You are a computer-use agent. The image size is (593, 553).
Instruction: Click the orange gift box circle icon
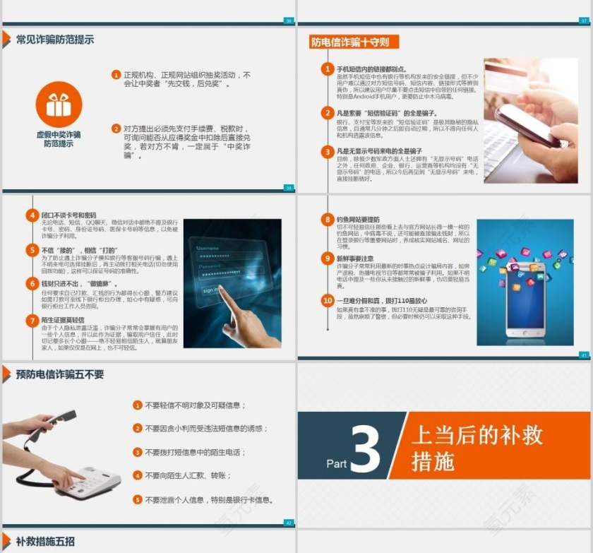pyautogui.click(x=59, y=105)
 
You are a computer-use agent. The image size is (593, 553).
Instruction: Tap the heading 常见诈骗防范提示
pyautogui.click(x=54, y=40)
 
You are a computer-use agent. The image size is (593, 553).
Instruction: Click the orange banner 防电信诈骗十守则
pyautogui.click(x=350, y=42)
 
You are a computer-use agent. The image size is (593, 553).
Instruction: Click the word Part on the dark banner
pyautogui.click(x=337, y=463)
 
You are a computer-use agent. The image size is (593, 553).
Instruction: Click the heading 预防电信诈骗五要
pyautogui.click(x=59, y=374)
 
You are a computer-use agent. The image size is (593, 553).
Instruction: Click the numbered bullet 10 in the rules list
pyautogui.click(x=327, y=300)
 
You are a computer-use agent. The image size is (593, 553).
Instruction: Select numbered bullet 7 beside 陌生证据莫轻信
pyautogui.click(x=32, y=321)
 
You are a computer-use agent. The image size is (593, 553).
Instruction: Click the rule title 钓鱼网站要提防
pyautogui.click(x=358, y=220)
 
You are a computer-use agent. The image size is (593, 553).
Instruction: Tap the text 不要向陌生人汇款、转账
pyautogui.click(x=188, y=475)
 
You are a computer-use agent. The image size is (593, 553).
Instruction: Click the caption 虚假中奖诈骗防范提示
pyautogui.click(x=59, y=138)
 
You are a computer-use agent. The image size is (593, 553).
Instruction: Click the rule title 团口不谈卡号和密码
pyautogui.click(x=68, y=215)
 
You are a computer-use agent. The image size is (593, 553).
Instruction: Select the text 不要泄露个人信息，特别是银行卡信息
pyautogui.click(x=208, y=499)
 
